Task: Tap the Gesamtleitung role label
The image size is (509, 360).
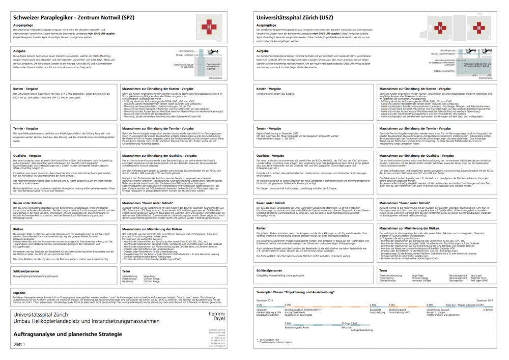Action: (x=129, y=275)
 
